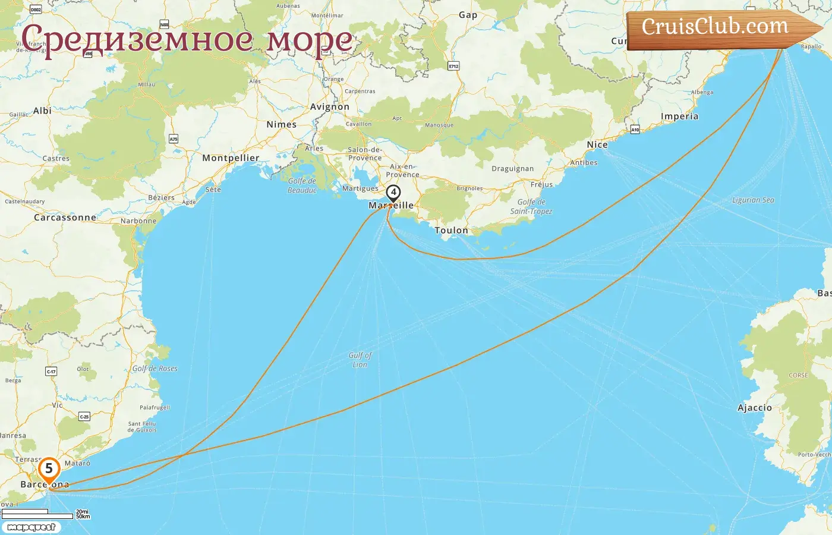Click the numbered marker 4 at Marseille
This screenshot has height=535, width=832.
(393, 193)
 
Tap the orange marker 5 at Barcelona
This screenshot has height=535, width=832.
(49, 468)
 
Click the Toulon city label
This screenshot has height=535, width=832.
(451, 230)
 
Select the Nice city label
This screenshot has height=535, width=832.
(597, 144)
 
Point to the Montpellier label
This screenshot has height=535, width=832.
(231, 158)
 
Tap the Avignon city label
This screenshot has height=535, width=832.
(330, 107)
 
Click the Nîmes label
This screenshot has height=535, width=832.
(282, 125)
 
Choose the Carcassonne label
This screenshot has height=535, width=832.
(65, 218)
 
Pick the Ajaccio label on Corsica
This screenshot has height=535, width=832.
(755, 408)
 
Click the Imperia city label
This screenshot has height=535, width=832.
(679, 117)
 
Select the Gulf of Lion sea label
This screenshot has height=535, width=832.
(360, 360)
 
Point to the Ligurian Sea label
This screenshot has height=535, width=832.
(753, 200)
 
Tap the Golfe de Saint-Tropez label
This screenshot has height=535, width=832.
(531, 206)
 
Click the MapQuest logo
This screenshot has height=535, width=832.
(31, 527)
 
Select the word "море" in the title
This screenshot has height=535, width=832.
(309, 39)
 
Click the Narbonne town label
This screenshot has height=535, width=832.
(138, 221)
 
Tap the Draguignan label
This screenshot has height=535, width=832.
(512, 169)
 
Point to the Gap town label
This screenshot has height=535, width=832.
(468, 15)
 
